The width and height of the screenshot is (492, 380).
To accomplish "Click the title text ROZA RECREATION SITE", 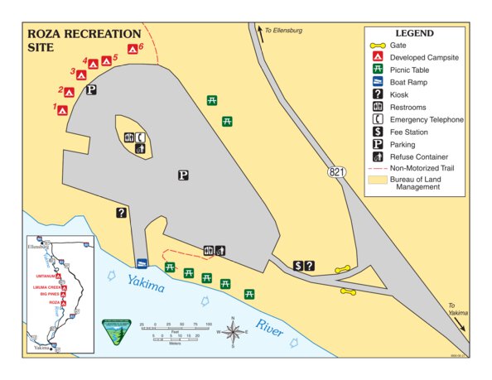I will (x=83, y=41).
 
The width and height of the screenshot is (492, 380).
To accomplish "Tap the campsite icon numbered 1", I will (x=62, y=109).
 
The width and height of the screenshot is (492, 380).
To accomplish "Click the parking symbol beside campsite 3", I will (x=92, y=90).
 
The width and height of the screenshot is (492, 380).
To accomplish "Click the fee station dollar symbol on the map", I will (x=298, y=266).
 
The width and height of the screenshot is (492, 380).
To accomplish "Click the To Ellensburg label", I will (x=283, y=31).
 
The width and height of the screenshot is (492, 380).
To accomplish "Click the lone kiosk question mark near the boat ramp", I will (x=121, y=213).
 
